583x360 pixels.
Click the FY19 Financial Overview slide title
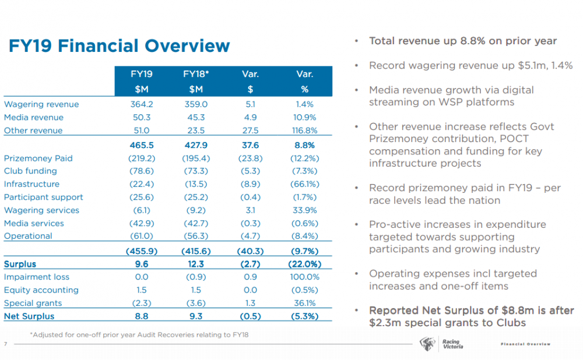120,45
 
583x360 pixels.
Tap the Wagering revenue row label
41,104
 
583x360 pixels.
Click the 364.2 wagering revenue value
142,104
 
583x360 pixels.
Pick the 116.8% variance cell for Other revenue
304,130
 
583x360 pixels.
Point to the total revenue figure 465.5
142,145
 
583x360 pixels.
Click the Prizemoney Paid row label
38,158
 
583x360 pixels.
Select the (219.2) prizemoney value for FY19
142,158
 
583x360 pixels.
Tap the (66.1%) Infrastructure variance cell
304,184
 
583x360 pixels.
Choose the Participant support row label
44,197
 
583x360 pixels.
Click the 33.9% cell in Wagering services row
304,210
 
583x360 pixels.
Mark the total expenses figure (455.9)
142,251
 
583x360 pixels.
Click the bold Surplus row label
20,264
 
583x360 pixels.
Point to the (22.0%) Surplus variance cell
304,264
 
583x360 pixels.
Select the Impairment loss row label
37,277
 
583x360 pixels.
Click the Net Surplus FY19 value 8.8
142,316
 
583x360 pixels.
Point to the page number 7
6,344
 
